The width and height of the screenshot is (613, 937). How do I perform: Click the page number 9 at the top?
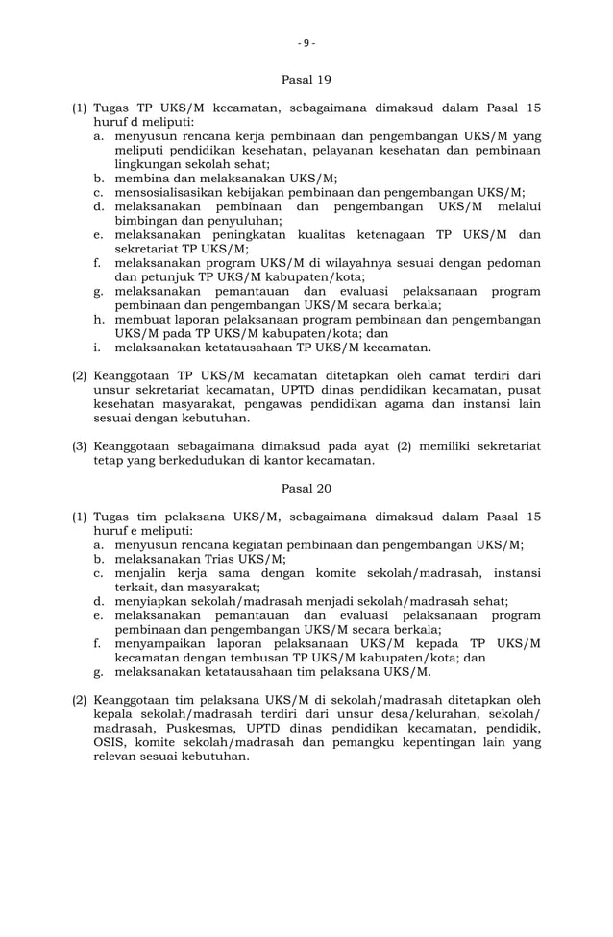point(306,42)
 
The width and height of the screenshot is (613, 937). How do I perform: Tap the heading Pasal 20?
point(306,489)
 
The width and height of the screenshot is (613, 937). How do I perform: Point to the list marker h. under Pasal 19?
point(99,319)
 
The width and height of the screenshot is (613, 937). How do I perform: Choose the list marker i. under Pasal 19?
point(99,348)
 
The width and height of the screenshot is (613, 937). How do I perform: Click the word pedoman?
point(514,262)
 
